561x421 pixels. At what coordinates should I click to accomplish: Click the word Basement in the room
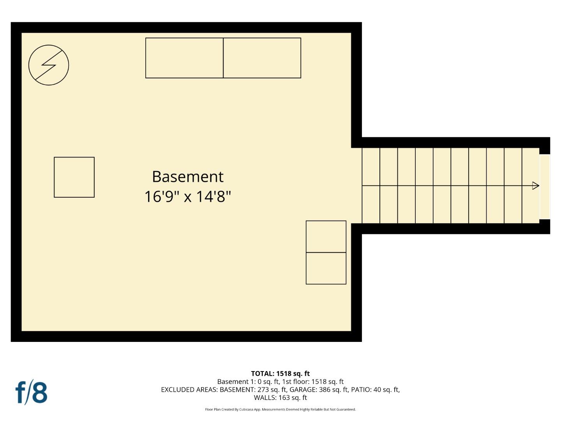click(x=187, y=177)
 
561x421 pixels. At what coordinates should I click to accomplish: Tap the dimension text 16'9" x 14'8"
click(x=187, y=196)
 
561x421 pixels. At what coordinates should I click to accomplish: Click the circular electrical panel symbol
click(x=49, y=65)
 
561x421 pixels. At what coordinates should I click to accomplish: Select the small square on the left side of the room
click(x=74, y=177)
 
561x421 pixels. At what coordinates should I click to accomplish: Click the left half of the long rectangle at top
click(x=184, y=58)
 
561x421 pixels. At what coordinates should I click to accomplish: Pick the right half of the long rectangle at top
click(x=262, y=58)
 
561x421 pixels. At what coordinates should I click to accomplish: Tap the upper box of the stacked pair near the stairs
click(x=326, y=237)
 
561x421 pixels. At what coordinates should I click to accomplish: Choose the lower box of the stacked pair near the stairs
click(x=326, y=268)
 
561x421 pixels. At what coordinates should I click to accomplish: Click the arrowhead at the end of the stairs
click(x=535, y=186)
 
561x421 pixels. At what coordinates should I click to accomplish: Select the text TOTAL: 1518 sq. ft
click(x=280, y=373)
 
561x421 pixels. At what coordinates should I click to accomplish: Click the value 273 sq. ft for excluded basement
click(x=272, y=389)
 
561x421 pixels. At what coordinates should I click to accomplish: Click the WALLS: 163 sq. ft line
click(x=280, y=398)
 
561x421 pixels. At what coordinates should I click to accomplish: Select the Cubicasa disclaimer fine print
click(x=280, y=409)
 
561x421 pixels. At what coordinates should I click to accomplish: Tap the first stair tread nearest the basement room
click(x=371, y=186)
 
